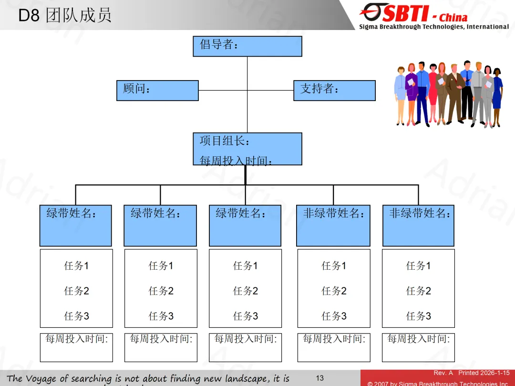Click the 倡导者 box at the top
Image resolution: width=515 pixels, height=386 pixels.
click(x=247, y=46)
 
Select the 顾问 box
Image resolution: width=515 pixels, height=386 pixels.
click(x=157, y=90)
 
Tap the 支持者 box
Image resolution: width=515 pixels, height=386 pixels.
click(x=334, y=90)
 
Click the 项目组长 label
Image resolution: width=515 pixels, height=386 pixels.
click(x=225, y=141)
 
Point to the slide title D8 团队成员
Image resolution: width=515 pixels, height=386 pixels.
click(x=65, y=15)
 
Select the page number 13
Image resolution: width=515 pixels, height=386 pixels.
click(x=319, y=378)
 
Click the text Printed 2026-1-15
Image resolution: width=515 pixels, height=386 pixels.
click(x=484, y=373)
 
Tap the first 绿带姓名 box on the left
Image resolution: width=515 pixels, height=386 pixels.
click(x=75, y=225)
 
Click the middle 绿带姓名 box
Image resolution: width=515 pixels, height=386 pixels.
click(x=245, y=225)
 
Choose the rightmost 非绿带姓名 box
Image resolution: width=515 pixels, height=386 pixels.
click(x=418, y=225)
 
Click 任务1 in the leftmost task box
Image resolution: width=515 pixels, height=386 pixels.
click(x=76, y=266)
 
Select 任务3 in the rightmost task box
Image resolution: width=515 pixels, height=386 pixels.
click(x=418, y=316)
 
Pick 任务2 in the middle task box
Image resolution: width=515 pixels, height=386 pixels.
click(x=245, y=291)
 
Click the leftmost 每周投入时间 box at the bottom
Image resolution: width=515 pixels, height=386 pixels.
click(x=76, y=347)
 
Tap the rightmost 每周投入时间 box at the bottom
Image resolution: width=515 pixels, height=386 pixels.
click(x=418, y=347)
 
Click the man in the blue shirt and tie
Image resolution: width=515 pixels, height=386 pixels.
click(x=422, y=93)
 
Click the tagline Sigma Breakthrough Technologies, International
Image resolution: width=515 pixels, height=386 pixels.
click(x=434, y=27)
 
